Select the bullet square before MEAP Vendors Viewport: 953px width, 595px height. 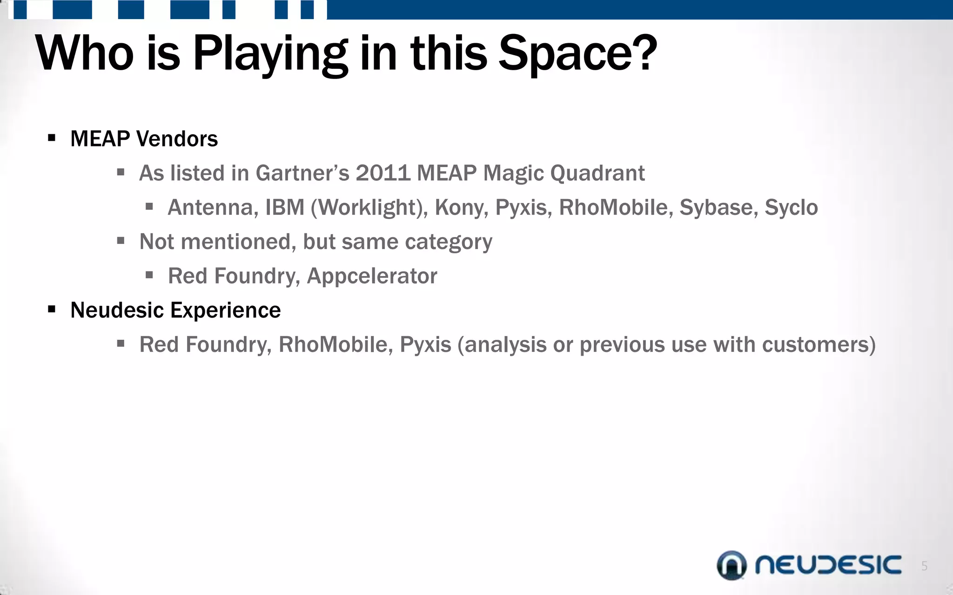pos(52,138)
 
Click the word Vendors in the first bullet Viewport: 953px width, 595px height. pos(177,139)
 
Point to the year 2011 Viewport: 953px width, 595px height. pos(383,173)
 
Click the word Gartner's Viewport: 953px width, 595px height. pos(302,173)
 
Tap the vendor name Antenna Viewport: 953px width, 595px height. pos(212,207)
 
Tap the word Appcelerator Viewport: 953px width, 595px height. pos(372,276)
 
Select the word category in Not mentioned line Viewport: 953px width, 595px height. pos(448,242)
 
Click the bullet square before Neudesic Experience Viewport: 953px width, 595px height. pos(52,309)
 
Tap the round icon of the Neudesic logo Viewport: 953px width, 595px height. pos(731,565)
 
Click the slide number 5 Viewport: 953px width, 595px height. pos(924,566)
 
